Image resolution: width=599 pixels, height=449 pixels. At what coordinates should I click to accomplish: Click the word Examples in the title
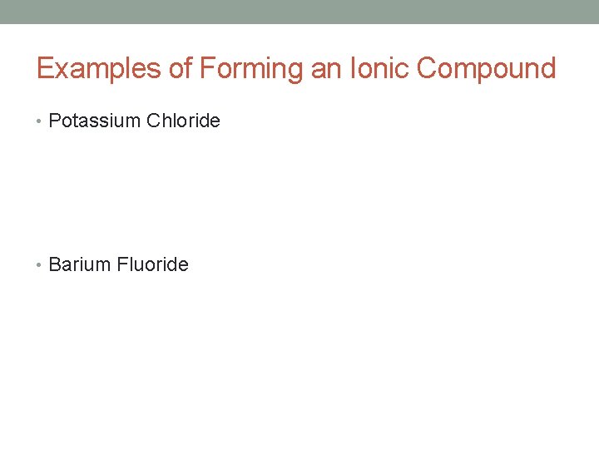pos(100,68)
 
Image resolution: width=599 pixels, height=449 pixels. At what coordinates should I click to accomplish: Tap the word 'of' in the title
pos(181,68)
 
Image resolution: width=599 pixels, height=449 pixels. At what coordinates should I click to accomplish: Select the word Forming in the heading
pos(251,68)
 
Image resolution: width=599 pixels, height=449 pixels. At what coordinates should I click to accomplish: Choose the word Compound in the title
pos(486,68)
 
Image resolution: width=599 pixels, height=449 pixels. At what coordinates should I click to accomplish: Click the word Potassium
pos(95,121)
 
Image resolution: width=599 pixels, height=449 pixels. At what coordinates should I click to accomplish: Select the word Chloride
pos(183,121)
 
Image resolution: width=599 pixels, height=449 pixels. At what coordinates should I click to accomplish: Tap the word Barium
pos(81,264)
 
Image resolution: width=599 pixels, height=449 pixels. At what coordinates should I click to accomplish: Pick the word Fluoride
pos(153,264)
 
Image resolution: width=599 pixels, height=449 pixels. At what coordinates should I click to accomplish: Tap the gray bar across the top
pos(299,12)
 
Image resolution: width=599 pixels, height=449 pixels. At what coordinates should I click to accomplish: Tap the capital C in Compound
pos(427,68)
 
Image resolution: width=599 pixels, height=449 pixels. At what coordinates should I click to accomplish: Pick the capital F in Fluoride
pos(122,264)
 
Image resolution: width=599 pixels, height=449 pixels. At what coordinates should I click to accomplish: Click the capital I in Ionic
pos(354,68)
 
